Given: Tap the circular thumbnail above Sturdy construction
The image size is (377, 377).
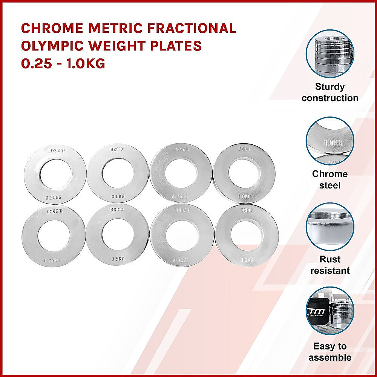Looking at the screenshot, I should [330, 54].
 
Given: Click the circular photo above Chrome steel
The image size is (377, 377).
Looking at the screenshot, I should [330, 140].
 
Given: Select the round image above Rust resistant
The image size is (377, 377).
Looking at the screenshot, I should [330, 227].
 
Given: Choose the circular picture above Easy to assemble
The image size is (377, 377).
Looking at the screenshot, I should [330, 313].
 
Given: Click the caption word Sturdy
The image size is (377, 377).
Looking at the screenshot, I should [330, 87].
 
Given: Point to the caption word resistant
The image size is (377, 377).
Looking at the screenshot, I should [330, 271].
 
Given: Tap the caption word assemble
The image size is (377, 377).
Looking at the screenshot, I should [330, 357].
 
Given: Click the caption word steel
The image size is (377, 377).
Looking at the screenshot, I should [330, 185].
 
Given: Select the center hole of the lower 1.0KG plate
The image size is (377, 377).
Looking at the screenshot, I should [247, 235].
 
